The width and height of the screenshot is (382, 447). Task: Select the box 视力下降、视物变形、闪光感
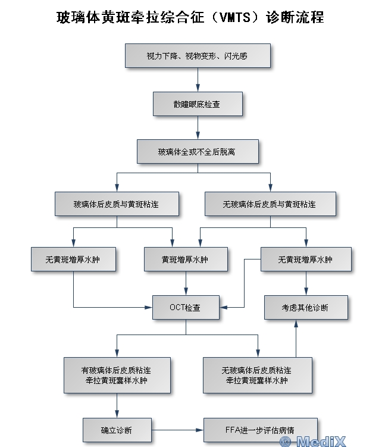(197, 56)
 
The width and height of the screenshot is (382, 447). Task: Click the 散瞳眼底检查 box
(197, 104)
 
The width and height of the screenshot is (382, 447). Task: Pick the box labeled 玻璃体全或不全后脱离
(197, 152)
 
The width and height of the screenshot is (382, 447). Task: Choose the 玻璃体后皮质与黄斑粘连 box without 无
(117, 204)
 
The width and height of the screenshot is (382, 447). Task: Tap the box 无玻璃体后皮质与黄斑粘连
(270, 204)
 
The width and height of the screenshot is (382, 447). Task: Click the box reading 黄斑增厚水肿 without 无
(185, 260)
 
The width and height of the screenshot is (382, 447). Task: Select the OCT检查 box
(185, 308)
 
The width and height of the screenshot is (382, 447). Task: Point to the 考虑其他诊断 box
(305, 308)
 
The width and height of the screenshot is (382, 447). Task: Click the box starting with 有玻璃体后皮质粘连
(117, 375)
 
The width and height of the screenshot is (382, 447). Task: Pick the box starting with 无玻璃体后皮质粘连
(256, 375)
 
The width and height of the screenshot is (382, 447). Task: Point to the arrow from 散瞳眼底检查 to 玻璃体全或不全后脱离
(197, 127)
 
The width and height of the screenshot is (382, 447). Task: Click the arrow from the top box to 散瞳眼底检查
(197, 80)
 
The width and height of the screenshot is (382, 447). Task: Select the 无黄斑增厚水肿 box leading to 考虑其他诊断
(305, 260)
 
